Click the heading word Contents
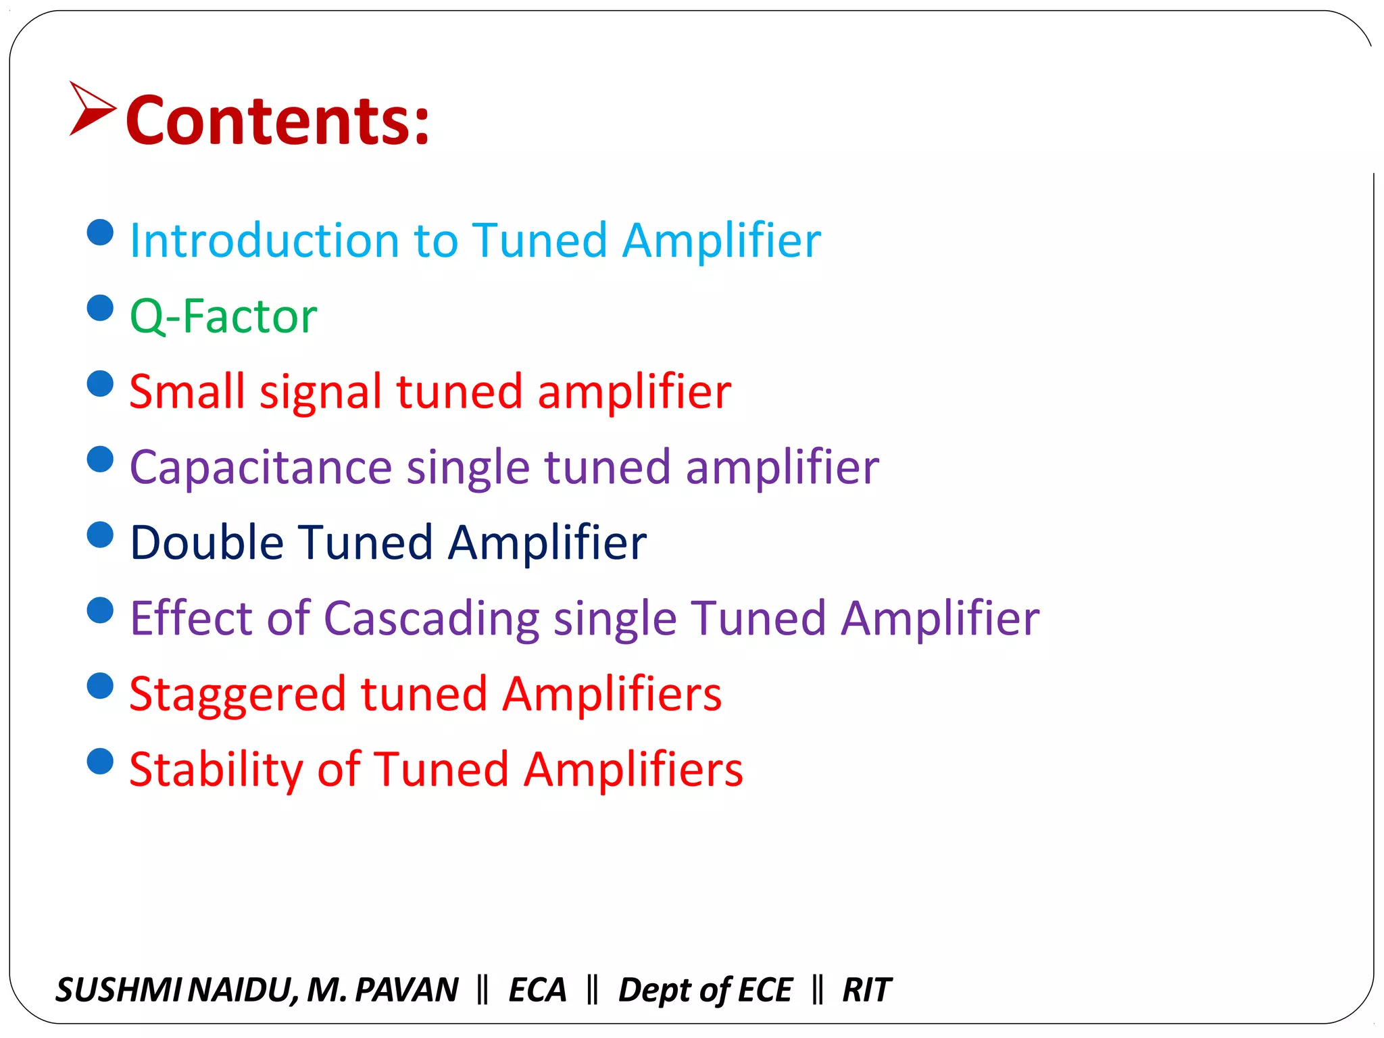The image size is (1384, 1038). pos(277,120)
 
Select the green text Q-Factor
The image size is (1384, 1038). pos(223,316)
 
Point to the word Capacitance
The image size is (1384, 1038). pos(260,468)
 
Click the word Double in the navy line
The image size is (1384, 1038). pos(206,543)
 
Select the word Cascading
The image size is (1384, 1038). pos(431,618)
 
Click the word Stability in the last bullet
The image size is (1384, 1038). pos(216,770)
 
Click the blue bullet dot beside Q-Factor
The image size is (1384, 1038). pos(100,308)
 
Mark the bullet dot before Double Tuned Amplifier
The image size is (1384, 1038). pos(100,535)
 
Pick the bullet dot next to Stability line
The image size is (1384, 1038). pos(100,762)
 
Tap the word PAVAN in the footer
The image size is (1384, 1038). pos(406,990)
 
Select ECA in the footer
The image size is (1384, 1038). pos(537,990)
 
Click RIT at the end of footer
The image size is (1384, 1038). pos(866,990)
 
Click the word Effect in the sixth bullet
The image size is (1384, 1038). pos(191,618)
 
